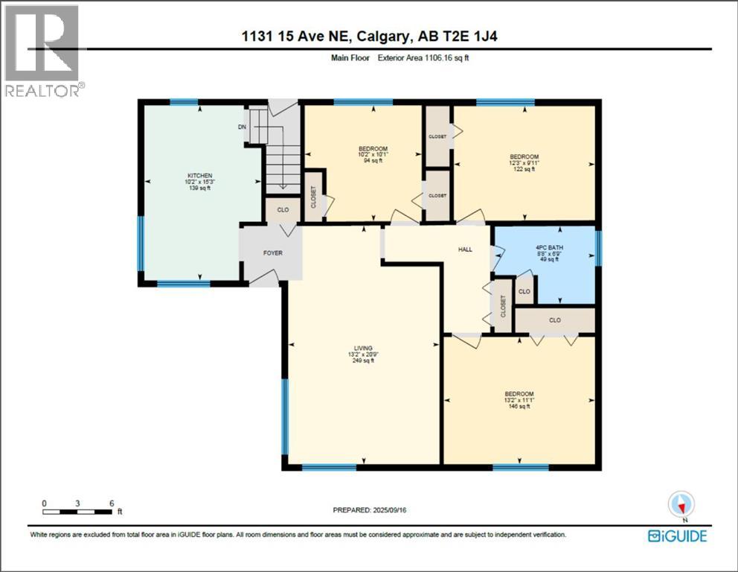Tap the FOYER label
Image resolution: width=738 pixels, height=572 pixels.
tap(273, 253)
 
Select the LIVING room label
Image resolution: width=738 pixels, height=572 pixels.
tap(363, 347)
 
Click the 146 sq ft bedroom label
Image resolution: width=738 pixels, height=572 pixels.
tap(519, 394)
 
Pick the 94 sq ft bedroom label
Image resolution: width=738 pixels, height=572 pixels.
tap(373, 149)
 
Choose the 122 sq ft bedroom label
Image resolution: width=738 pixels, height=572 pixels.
tap(524, 157)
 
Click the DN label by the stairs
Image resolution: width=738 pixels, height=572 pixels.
tap(242, 127)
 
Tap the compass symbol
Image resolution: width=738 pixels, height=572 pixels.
tap(681, 505)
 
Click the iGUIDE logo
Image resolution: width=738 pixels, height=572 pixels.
tap(676, 536)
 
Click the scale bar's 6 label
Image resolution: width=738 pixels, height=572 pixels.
tap(112, 503)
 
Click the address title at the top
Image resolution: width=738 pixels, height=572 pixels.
tap(368, 37)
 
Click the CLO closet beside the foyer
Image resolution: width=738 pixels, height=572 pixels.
tap(283, 210)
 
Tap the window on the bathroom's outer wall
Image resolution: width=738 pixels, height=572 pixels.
tap(599, 248)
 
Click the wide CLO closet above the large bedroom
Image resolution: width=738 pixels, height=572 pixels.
tap(555, 320)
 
